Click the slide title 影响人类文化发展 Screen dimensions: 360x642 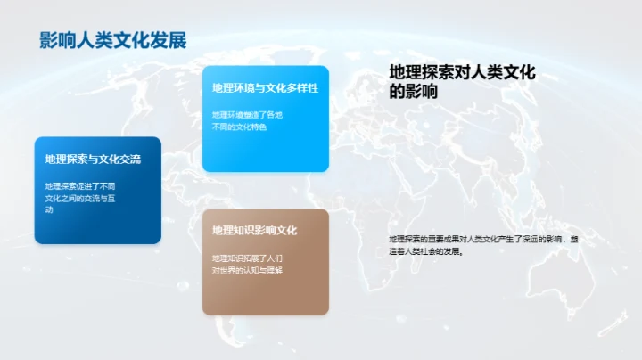point(113,40)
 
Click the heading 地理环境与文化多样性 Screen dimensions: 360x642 point(265,88)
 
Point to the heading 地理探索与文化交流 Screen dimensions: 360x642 point(93,160)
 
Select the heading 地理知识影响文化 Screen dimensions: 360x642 point(254,231)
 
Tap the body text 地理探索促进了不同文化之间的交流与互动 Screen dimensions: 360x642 point(80,198)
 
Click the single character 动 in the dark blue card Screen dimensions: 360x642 point(49,210)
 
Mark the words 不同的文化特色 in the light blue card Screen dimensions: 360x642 point(239,127)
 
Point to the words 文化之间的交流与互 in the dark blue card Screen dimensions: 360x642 point(80,199)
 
